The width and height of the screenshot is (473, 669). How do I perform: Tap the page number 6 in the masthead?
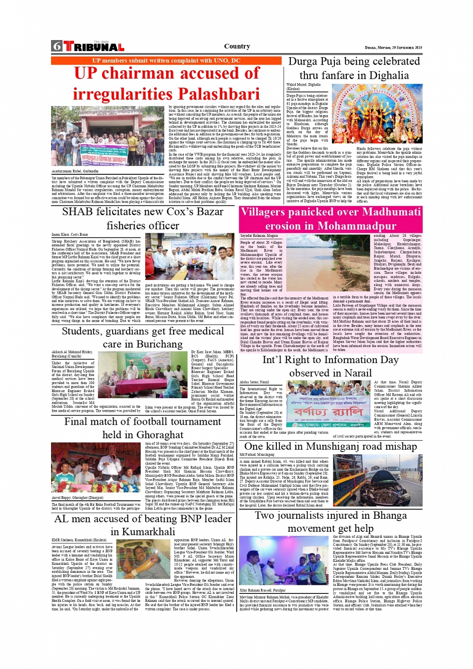[57, 47]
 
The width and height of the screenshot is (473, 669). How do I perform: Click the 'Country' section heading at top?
[237, 46]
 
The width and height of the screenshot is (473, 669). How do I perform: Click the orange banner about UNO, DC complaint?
[166, 61]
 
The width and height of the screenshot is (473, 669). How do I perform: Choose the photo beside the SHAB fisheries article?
[189, 256]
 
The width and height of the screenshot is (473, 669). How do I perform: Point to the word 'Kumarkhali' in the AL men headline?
[143, 531]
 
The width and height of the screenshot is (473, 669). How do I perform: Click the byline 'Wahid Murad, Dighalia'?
[303, 85]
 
